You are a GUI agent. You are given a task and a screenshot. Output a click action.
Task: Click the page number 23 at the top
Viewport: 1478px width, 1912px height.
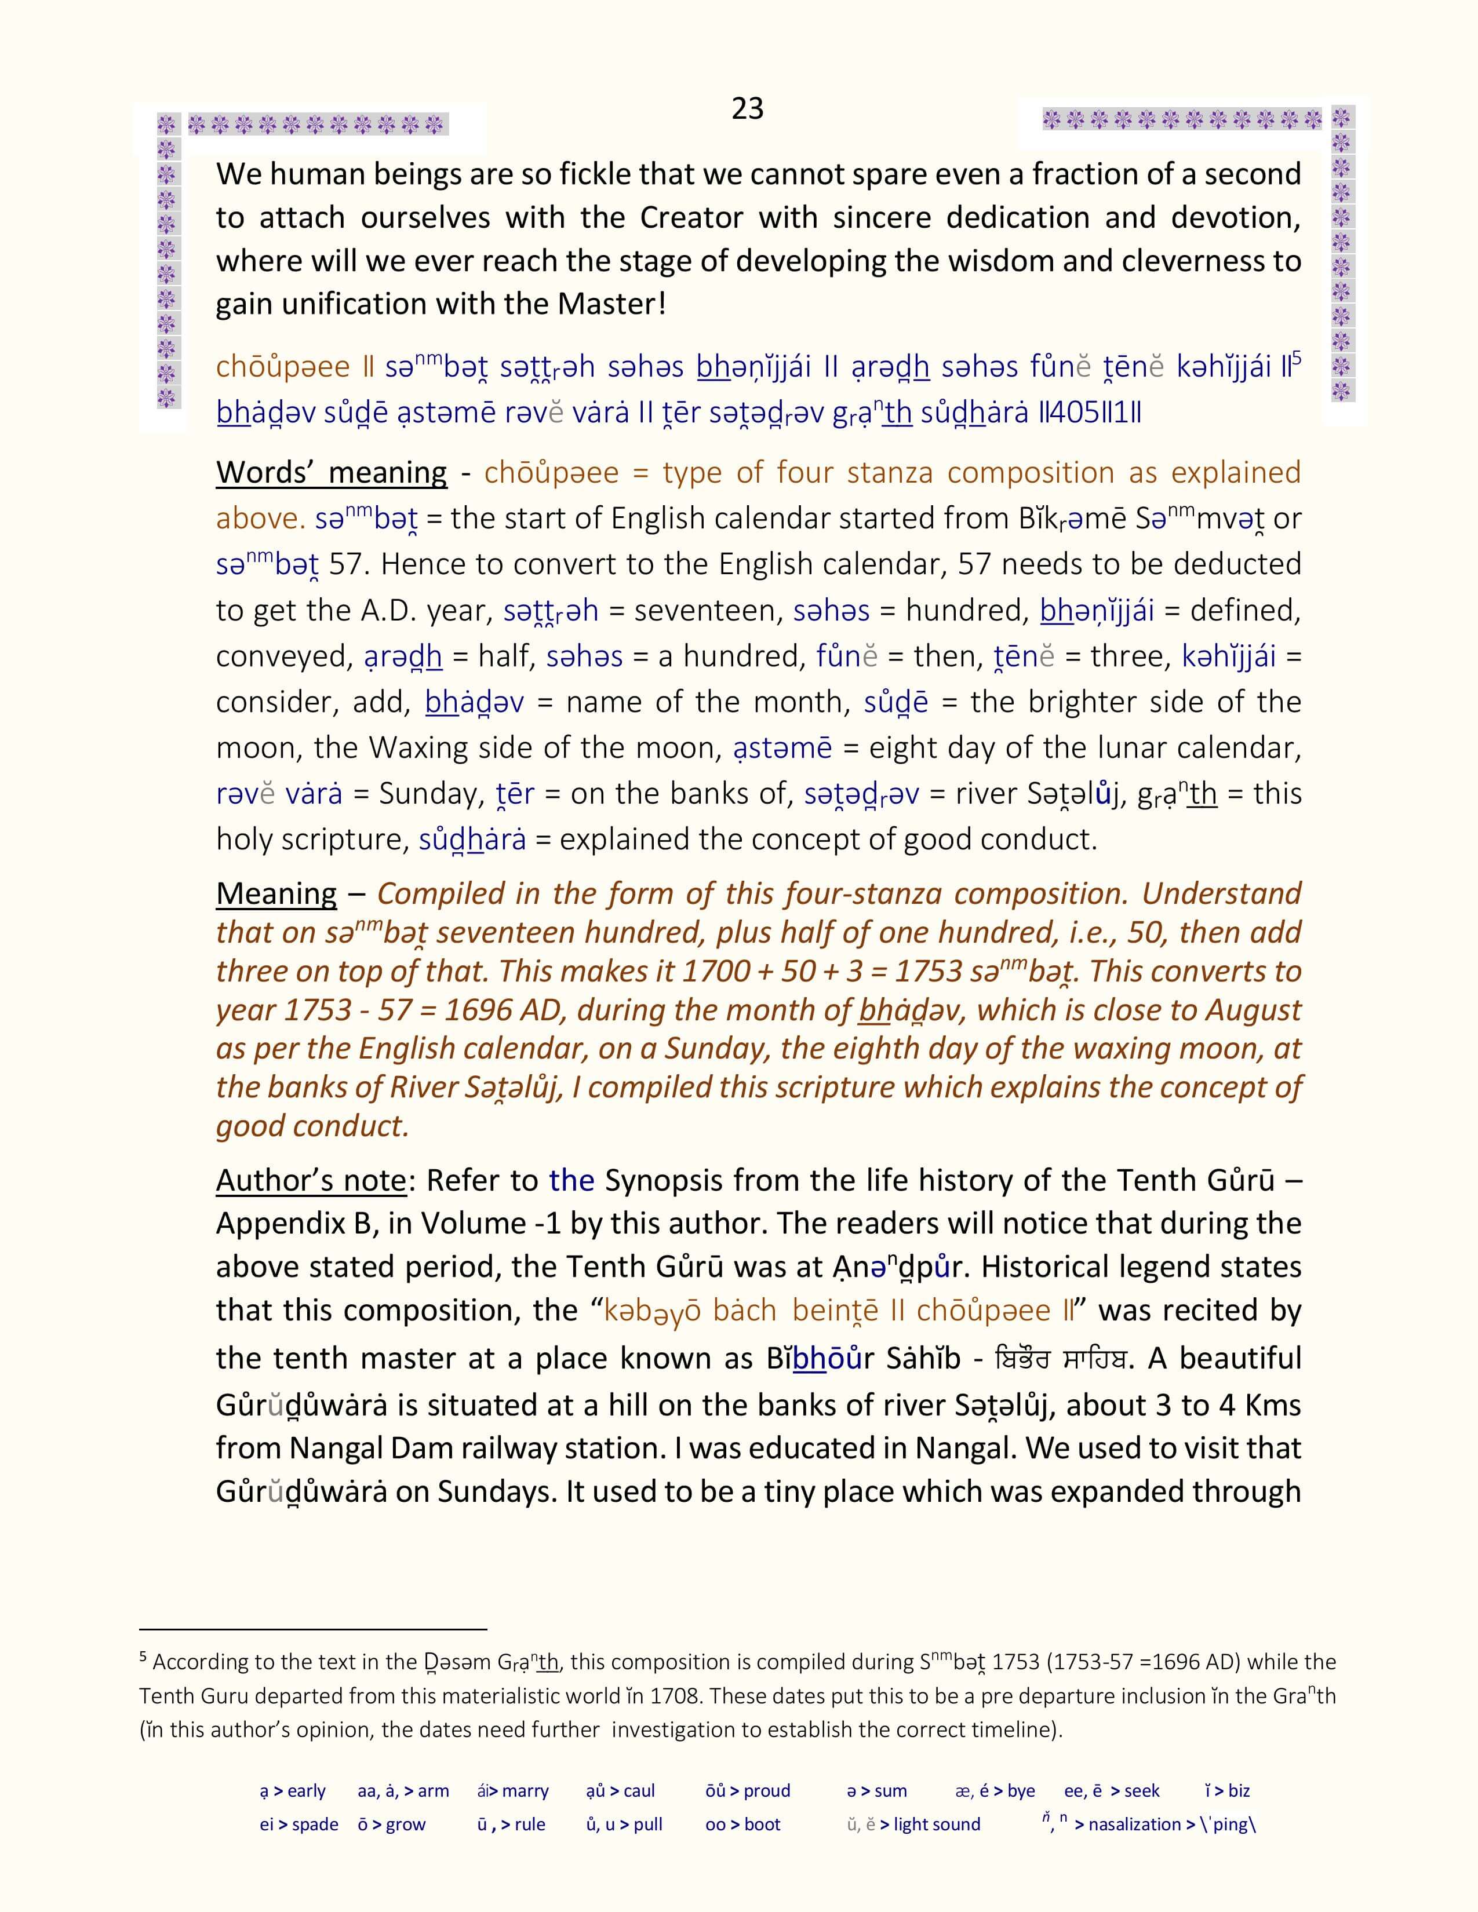(747, 108)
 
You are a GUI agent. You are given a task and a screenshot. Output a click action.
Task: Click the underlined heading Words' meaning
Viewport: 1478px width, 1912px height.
(331, 473)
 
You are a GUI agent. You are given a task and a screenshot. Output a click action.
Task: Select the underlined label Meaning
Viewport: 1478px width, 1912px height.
(276, 894)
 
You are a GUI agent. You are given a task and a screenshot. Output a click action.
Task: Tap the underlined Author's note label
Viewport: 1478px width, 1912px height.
(311, 1181)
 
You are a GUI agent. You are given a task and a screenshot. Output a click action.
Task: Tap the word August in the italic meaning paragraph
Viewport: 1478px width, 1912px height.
(1253, 1010)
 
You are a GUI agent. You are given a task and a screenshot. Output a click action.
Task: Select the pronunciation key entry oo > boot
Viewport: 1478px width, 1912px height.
(742, 1825)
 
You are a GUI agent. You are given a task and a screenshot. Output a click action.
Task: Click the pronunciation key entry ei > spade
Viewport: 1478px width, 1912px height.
(298, 1825)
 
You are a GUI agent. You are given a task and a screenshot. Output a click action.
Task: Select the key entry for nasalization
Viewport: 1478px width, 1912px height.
(1147, 1825)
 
